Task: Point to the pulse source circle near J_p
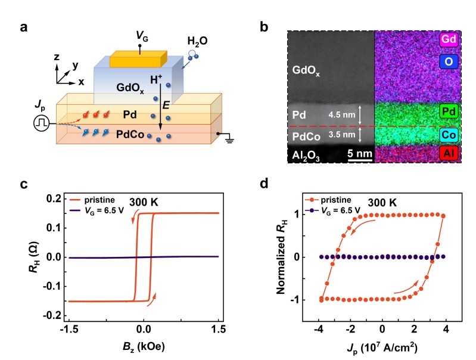[41, 125]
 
